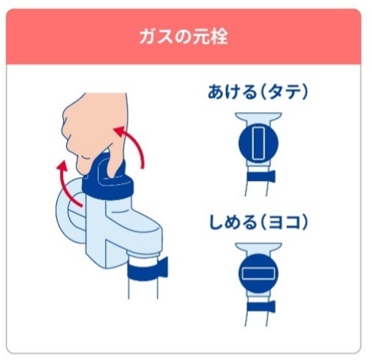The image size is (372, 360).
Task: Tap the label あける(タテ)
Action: point(259,92)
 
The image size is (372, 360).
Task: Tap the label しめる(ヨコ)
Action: point(259,223)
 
